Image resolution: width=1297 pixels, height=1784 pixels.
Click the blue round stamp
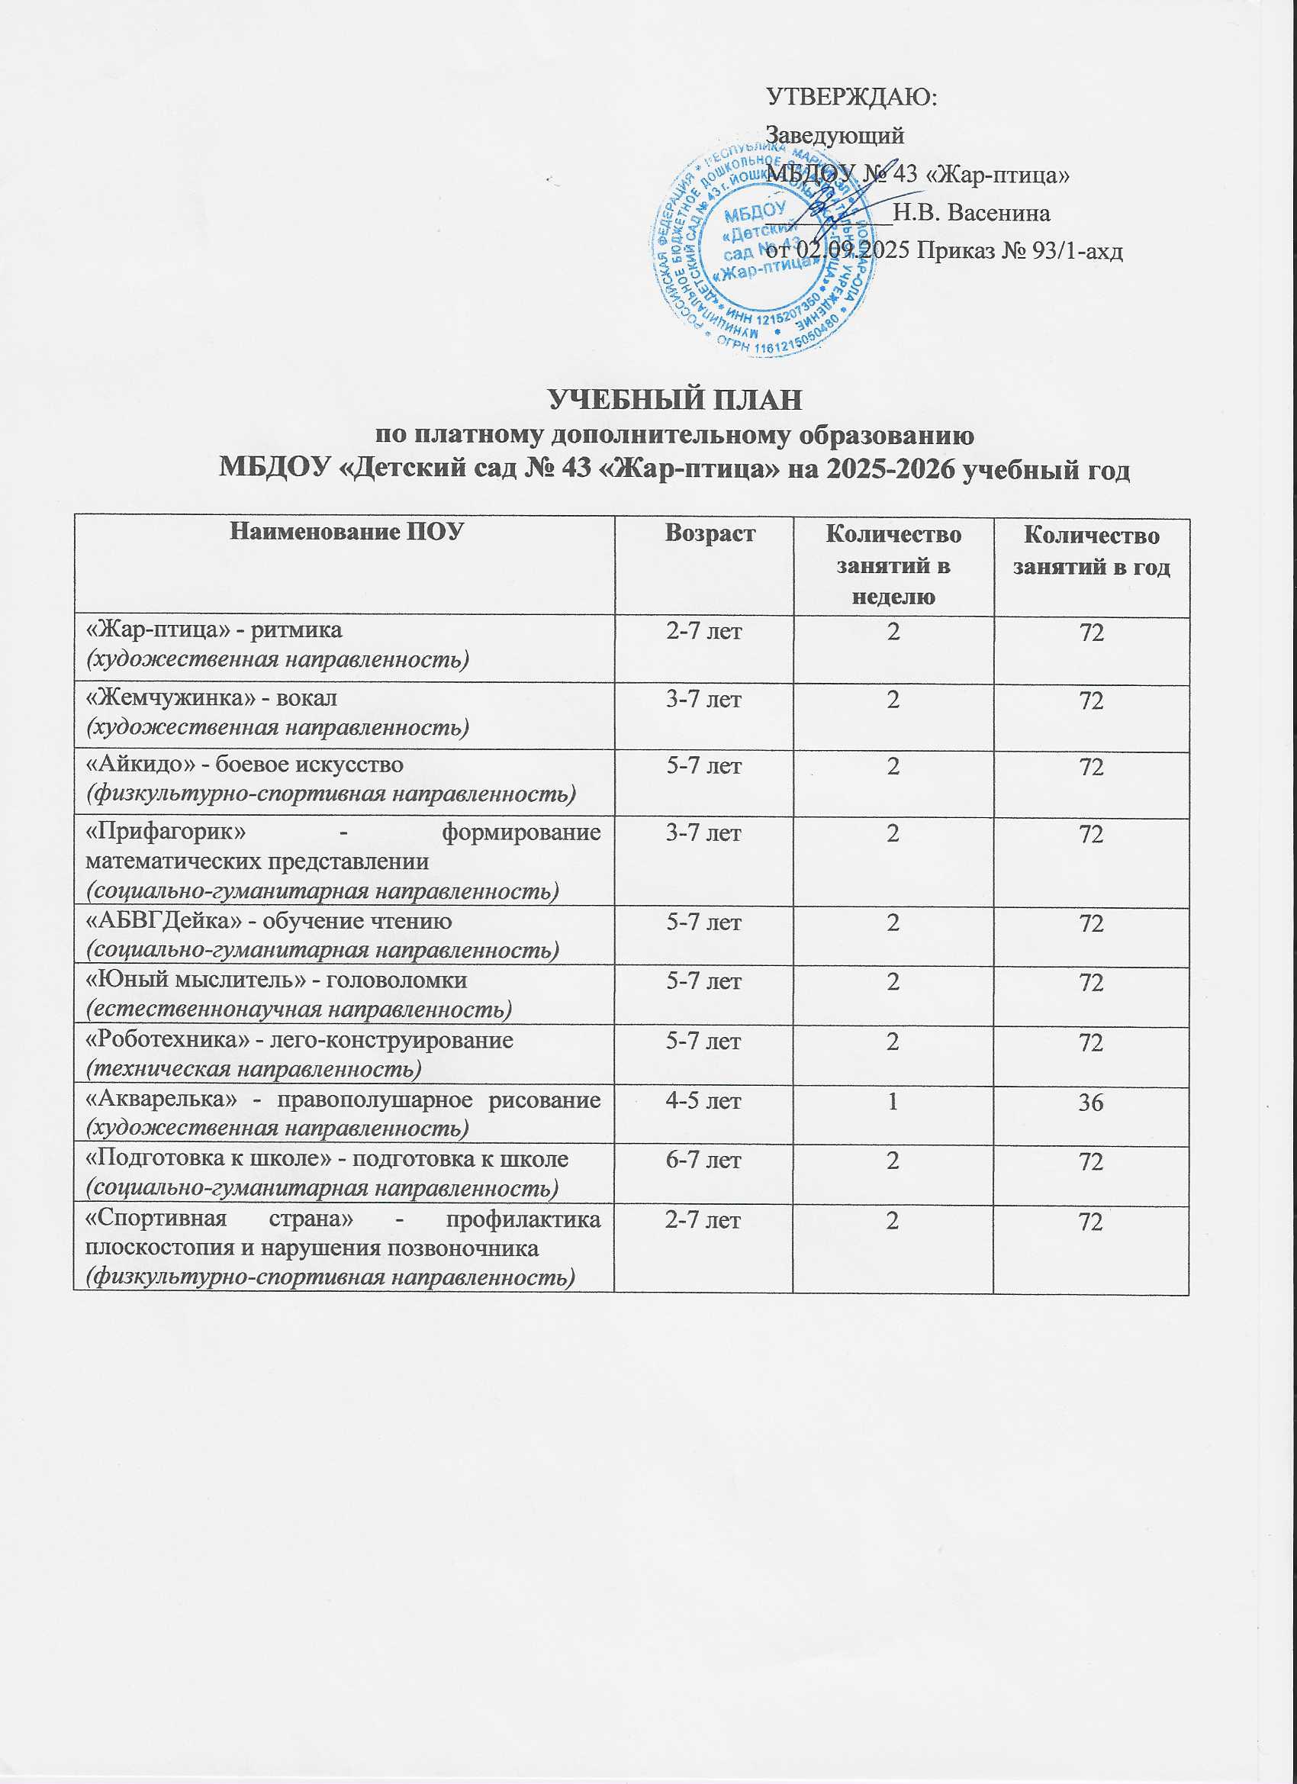coord(762,248)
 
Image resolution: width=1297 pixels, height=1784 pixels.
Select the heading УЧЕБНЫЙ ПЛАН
coord(675,400)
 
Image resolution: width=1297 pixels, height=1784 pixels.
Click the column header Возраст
coord(710,534)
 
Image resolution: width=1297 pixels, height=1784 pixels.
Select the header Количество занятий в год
coord(1091,552)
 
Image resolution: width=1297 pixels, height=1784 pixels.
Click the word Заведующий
coord(835,135)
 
